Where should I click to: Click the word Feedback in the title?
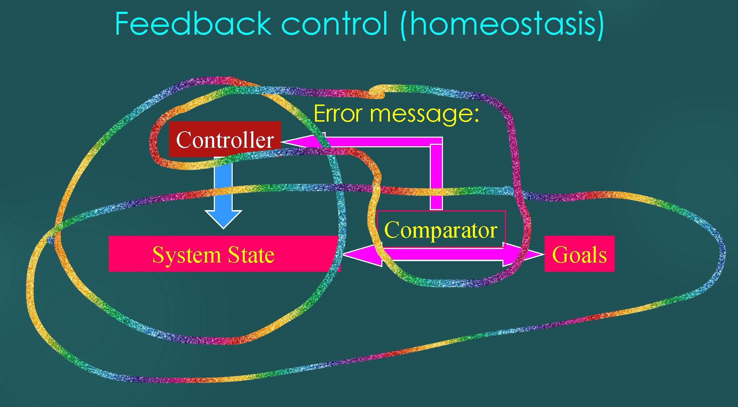click(193, 24)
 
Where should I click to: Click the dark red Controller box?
click(225, 139)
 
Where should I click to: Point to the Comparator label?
click(441, 229)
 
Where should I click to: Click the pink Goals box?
click(579, 254)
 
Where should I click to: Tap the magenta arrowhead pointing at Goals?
click(523, 254)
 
